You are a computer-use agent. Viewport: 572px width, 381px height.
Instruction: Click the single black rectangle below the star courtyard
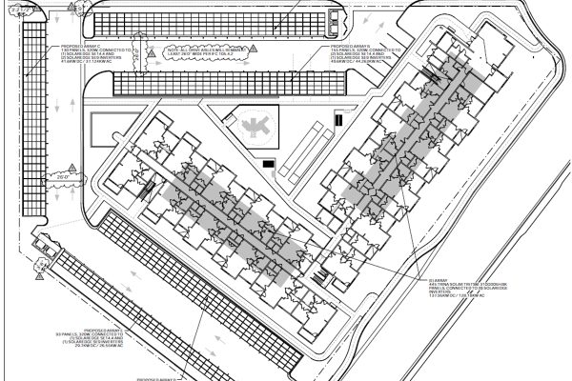click(269, 164)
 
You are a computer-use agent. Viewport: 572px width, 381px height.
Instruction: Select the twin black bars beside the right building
click(337, 119)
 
